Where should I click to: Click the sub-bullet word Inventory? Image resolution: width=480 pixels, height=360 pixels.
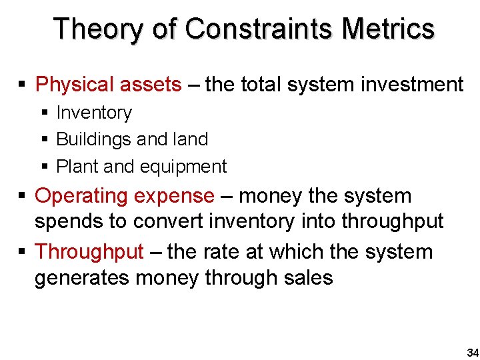94,113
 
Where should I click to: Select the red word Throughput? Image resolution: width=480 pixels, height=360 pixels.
89,252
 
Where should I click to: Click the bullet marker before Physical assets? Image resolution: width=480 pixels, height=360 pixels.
22,85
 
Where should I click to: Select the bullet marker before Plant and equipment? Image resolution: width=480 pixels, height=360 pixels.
45,167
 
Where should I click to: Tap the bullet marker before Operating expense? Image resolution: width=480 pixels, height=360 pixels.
22,196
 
